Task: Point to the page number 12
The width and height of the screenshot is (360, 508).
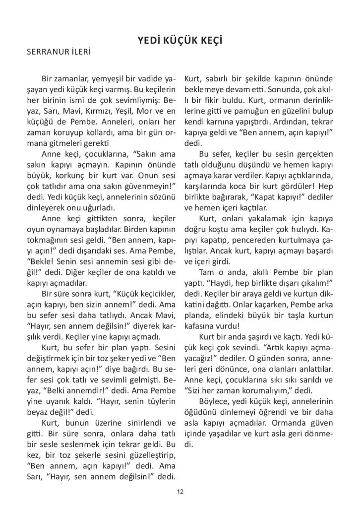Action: tap(180, 492)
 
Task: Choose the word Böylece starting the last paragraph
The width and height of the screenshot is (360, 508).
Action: tap(214, 401)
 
